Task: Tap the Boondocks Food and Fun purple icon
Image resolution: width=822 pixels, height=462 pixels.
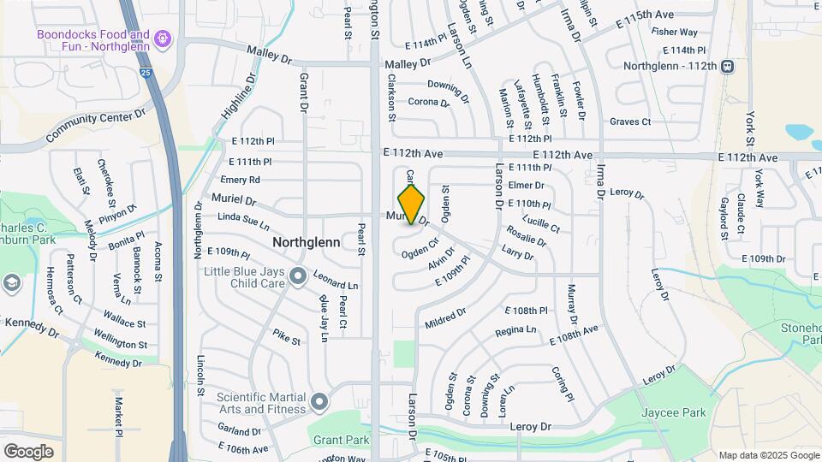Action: coord(164,38)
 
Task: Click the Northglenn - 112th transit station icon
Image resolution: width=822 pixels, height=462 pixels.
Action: coord(727,66)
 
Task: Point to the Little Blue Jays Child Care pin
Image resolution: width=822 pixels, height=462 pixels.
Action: coord(298,275)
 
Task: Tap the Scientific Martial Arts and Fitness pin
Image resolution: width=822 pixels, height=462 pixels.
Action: coord(320,400)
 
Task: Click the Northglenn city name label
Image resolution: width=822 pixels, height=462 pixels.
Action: coord(307,243)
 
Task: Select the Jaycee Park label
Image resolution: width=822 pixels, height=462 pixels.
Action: coord(674,412)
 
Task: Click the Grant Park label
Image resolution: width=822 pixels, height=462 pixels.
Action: coord(341,441)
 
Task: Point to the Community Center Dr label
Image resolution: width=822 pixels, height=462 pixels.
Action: coord(97,124)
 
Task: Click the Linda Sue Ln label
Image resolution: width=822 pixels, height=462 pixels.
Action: coord(244,222)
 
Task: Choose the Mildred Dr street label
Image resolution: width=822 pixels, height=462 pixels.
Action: coord(445,318)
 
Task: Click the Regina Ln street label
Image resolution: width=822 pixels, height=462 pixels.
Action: coord(515,329)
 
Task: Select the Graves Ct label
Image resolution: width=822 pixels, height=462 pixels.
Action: coord(630,121)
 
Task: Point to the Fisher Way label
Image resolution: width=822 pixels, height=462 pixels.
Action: coord(674,32)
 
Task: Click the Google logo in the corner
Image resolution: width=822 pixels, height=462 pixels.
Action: coord(28,451)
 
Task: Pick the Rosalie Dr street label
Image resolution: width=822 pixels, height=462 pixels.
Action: coord(526,236)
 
